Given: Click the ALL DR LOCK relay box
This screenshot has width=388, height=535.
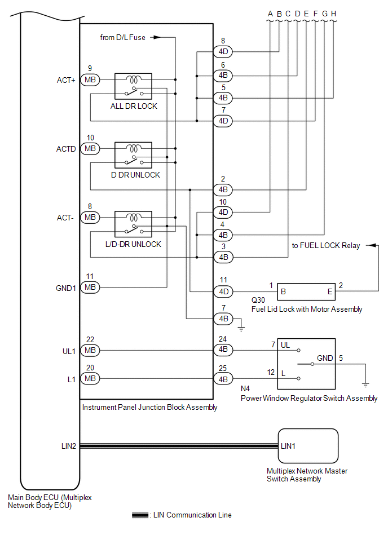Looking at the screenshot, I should click(x=133, y=86).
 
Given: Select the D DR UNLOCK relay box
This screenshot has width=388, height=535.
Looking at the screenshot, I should click(x=133, y=154).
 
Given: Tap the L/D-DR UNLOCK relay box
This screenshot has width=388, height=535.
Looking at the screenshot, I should click(x=133, y=223).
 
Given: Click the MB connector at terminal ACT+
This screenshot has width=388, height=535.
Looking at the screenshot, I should click(x=90, y=80).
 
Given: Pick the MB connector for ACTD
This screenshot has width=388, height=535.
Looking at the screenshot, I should click(x=90, y=149).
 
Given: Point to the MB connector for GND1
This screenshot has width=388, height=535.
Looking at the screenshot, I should click(x=90, y=287).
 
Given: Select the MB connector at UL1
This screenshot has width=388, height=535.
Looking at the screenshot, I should click(x=90, y=350).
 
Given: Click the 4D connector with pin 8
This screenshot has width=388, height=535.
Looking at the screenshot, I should click(x=223, y=52).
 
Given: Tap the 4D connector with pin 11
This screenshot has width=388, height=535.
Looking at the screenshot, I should click(x=223, y=291).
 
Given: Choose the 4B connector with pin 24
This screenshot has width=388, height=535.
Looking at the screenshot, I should click(x=223, y=350).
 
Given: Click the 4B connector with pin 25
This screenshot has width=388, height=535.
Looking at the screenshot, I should click(x=223, y=379).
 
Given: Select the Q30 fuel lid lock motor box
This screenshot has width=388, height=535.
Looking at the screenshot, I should click(x=307, y=291).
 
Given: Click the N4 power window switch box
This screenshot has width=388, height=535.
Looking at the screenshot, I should click(x=306, y=364).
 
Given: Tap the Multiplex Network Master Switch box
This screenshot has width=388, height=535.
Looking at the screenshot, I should click(x=308, y=445).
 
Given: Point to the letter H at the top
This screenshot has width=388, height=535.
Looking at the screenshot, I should click(x=334, y=14).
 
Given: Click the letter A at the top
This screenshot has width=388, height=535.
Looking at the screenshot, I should click(x=270, y=14).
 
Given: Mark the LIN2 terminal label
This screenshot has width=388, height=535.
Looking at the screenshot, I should click(x=68, y=445).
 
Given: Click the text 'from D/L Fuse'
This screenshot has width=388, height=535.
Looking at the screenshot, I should click(x=122, y=37).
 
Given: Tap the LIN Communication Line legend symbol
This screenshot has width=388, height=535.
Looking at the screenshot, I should click(x=140, y=515).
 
